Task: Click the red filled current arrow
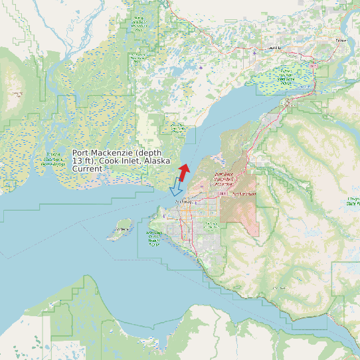click(x=183, y=171)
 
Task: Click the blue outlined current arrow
click(x=176, y=188)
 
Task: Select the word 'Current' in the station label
click(x=87, y=169)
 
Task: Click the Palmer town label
click(x=341, y=40)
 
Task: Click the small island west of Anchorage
click(x=121, y=229)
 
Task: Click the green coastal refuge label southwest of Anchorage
click(x=154, y=237)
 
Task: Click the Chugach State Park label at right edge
click(x=353, y=201)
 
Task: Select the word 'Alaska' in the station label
click(x=159, y=161)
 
